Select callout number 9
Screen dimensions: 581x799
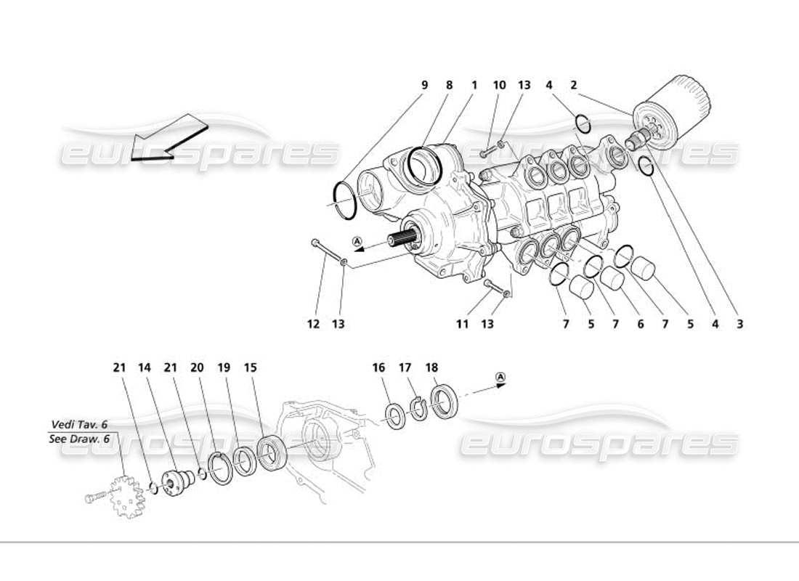coord(425,85)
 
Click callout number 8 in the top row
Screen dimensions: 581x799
coord(449,85)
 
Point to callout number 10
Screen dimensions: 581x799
coord(499,85)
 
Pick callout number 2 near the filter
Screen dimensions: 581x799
coord(574,85)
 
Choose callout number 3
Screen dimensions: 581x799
coord(739,325)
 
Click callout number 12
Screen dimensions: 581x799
coord(313,325)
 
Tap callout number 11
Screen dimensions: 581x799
coord(462,325)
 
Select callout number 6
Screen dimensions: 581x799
coord(641,325)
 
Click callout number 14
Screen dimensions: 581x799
coord(145,368)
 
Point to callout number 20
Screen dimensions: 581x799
coord(196,368)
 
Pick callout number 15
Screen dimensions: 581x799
coord(251,368)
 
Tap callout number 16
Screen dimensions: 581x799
coord(378,368)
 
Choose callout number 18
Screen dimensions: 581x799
coord(432,368)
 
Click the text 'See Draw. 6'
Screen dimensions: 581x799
coord(80,439)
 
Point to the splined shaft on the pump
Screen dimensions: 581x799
coord(402,239)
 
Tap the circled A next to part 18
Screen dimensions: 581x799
coord(500,376)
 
